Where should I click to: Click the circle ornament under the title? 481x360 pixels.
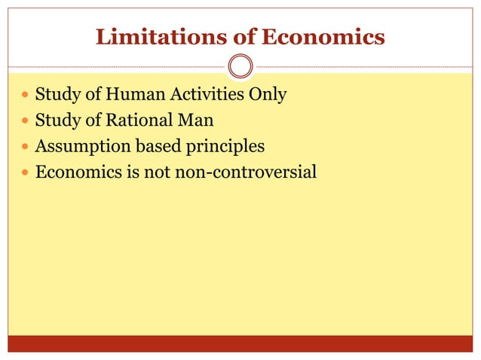(240, 67)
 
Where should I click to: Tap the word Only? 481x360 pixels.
(268, 96)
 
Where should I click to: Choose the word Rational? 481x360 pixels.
(138, 121)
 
